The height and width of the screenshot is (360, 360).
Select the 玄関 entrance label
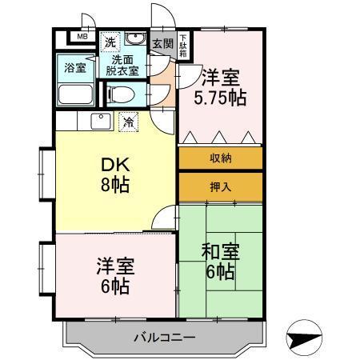pyautogui.click(x=162, y=44)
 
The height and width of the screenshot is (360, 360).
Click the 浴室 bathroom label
pyautogui.click(x=74, y=68)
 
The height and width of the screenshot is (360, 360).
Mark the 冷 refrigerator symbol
pyautogui.click(x=128, y=122)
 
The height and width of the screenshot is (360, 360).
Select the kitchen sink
pyautogui.click(x=101, y=122)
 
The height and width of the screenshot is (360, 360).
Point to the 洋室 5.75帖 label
pyautogui.click(x=220, y=88)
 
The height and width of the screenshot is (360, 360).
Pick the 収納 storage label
pyautogui.click(x=221, y=158)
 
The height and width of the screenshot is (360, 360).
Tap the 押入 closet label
pyautogui.click(x=221, y=187)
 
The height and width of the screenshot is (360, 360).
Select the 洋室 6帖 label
pyautogui.click(x=114, y=277)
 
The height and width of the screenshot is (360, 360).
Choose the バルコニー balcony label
pyautogui.click(x=164, y=337)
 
